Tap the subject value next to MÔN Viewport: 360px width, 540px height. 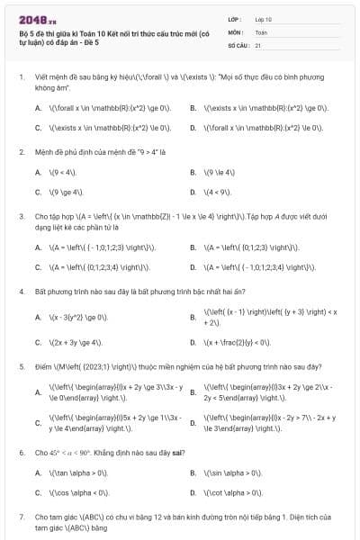(x=261, y=31)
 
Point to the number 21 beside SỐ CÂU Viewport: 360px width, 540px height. (x=258, y=44)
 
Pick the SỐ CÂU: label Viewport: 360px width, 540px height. (x=238, y=44)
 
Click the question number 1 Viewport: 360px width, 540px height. (x=21, y=77)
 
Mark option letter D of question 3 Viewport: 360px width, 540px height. (x=193, y=267)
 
